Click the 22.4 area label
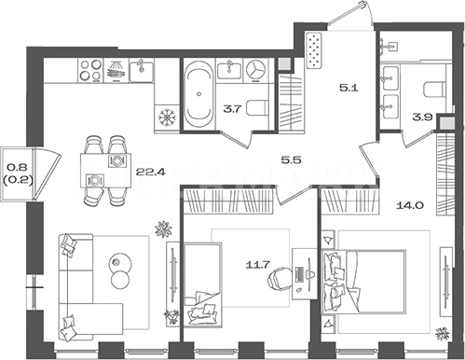tap(150, 171)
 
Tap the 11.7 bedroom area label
tap(257, 265)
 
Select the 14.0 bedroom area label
tap(410, 205)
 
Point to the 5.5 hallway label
tap(291, 160)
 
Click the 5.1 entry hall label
tap(349, 88)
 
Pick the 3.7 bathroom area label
tap(233, 109)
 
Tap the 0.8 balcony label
tap(18, 167)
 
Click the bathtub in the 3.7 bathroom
tap(198, 94)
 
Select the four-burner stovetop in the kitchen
tap(90, 70)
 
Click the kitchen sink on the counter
tap(142, 71)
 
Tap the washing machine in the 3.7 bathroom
tap(256, 71)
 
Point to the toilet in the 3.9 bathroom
tap(435, 90)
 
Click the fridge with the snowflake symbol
tap(168, 118)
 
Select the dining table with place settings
tap(105, 171)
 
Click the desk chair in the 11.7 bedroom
tap(279, 280)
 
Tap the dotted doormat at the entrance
tap(314, 49)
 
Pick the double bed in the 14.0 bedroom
tap(363, 281)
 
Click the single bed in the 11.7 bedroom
tap(202, 284)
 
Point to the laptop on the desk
tap(300, 274)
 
